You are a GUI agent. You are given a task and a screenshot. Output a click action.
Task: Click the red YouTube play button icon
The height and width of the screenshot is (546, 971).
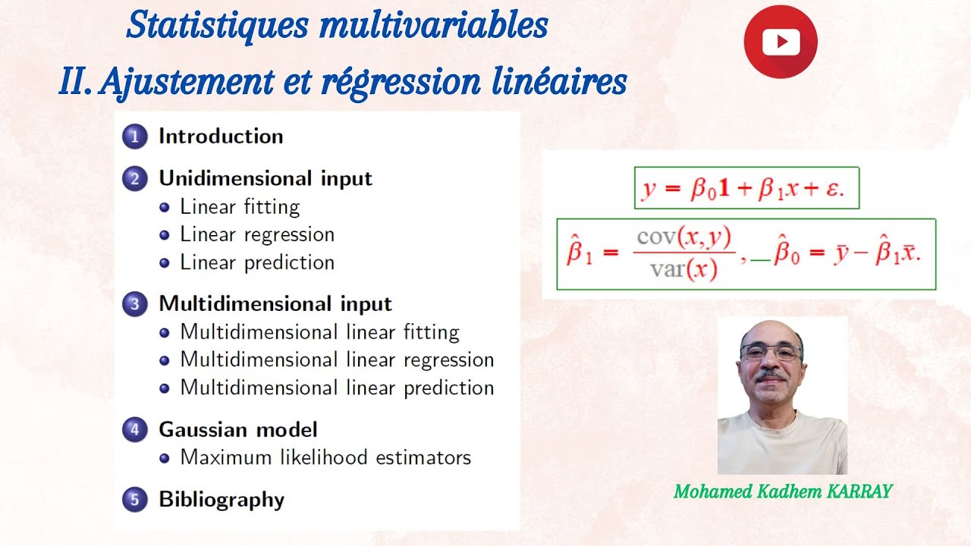[x=780, y=41]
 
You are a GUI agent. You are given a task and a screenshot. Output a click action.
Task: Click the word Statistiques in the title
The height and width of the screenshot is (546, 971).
[x=217, y=25]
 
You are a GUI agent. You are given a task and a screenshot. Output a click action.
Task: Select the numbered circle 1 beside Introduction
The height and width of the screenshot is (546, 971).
[x=134, y=136]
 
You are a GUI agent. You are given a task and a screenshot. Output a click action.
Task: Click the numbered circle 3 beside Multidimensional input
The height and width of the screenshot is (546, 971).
[x=134, y=304]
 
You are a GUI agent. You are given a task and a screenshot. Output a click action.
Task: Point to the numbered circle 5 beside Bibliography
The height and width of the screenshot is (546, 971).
[x=134, y=500]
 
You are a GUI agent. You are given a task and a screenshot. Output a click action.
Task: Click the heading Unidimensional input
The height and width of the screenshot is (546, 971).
[x=265, y=179]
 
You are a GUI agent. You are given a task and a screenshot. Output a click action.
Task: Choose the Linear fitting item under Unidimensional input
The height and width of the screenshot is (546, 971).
[x=239, y=207]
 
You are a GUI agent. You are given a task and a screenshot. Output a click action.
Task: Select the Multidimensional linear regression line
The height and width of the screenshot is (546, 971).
[x=336, y=359]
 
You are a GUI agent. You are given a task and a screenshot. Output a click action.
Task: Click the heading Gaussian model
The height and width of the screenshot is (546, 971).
[x=237, y=429]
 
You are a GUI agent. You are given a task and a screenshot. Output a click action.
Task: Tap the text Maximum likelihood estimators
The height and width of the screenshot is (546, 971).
[x=325, y=458]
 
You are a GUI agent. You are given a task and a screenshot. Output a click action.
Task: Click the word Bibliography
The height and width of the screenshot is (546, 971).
[x=221, y=500]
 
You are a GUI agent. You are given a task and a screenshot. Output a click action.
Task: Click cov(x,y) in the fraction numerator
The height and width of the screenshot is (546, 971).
[x=684, y=238]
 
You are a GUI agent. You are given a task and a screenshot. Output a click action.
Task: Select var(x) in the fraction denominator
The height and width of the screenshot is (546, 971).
[x=683, y=271]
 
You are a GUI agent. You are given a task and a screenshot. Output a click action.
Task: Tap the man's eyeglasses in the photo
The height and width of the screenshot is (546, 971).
[x=771, y=352]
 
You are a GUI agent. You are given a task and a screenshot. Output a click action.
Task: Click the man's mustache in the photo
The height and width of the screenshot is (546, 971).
[x=771, y=375]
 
